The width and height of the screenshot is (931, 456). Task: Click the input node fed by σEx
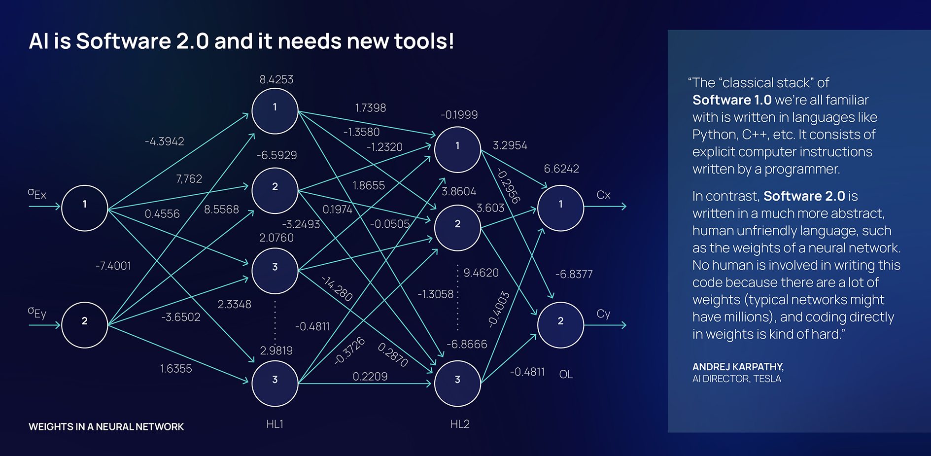click(x=84, y=208)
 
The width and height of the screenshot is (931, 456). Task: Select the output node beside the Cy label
click(x=560, y=324)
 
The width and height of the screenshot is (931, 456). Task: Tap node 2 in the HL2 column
click(x=457, y=228)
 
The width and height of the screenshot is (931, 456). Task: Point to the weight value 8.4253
click(x=276, y=80)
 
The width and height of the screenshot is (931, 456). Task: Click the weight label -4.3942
click(x=164, y=141)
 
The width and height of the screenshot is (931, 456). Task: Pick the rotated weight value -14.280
click(x=337, y=288)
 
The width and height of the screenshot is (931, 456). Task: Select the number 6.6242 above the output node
click(x=561, y=169)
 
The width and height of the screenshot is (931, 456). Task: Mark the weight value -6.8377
click(x=574, y=274)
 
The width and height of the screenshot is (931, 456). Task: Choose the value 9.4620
click(x=481, y=273)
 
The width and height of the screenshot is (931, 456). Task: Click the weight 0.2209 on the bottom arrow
click(x=370, y=377)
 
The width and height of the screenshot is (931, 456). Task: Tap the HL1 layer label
click(x=275, y=424)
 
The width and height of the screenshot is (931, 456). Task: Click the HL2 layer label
click(x=460, y=424)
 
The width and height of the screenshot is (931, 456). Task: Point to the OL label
click(x=566, y=375)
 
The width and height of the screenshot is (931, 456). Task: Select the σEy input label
click(x=37, y=313)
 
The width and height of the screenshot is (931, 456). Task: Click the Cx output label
click(x=603, y=195)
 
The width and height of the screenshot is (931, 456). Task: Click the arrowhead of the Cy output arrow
click(x=624, y=325)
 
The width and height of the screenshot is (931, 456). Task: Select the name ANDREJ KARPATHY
click(x=737, y=367)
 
